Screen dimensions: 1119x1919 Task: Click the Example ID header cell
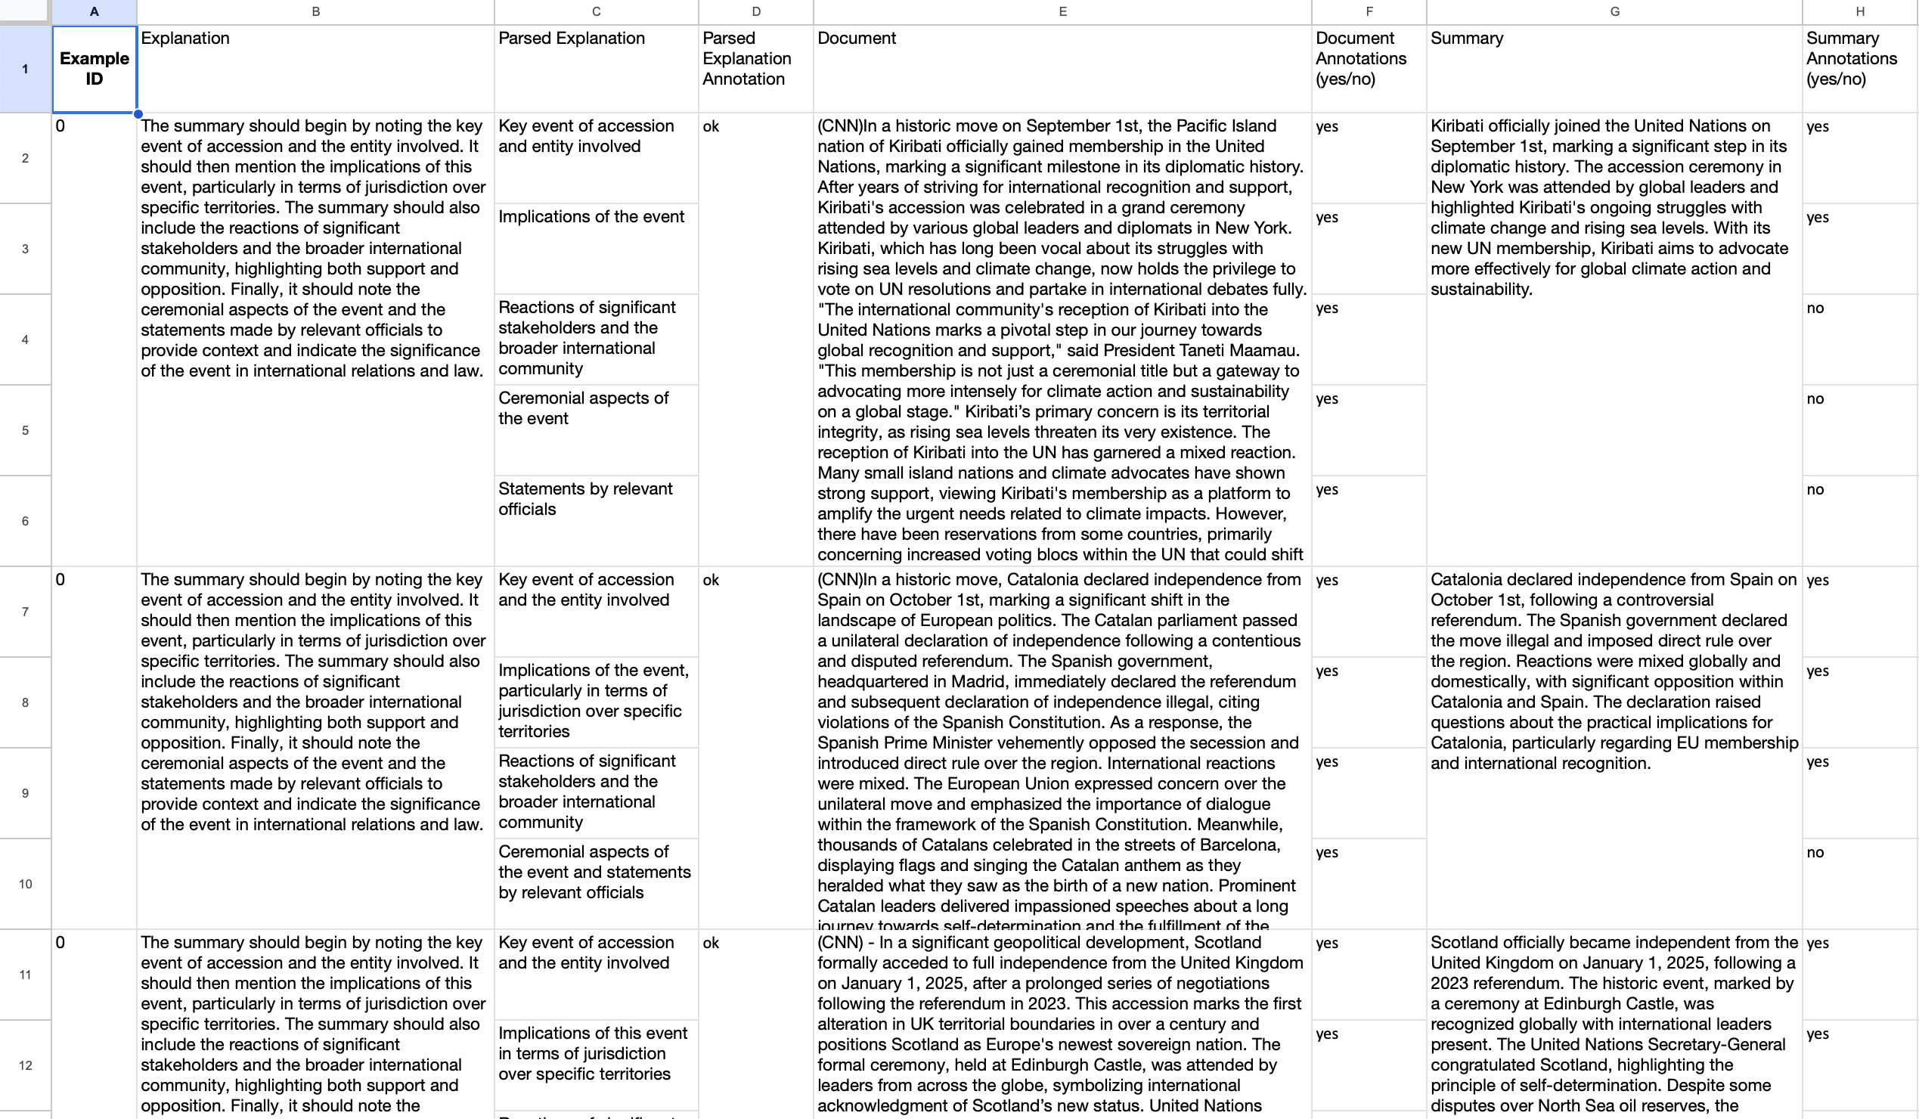click(x=94, y=69)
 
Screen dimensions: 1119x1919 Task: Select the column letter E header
click(x=1062, y=11)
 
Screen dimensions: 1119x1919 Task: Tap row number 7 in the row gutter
click(x=25, y=611)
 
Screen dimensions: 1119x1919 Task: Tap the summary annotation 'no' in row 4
click(x=1815, y=308)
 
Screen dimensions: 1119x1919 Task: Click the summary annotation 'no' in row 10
click(x=1815, y=853)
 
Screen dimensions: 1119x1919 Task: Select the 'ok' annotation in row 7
click(x=711, y=580)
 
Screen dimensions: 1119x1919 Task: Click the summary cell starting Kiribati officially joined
click(x=1613, y=208)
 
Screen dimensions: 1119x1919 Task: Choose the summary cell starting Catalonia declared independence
click(x=1613, y=671)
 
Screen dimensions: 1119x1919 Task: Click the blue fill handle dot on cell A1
click(x=138, y=114)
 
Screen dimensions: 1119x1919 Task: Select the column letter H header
click(x=1859, y=11)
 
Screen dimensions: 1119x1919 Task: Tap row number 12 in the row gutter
click(x=25, y=1065)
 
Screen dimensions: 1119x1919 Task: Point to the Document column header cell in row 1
click(x=1062, y=69)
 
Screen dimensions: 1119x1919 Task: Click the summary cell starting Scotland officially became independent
click(x=1613, y=1024)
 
